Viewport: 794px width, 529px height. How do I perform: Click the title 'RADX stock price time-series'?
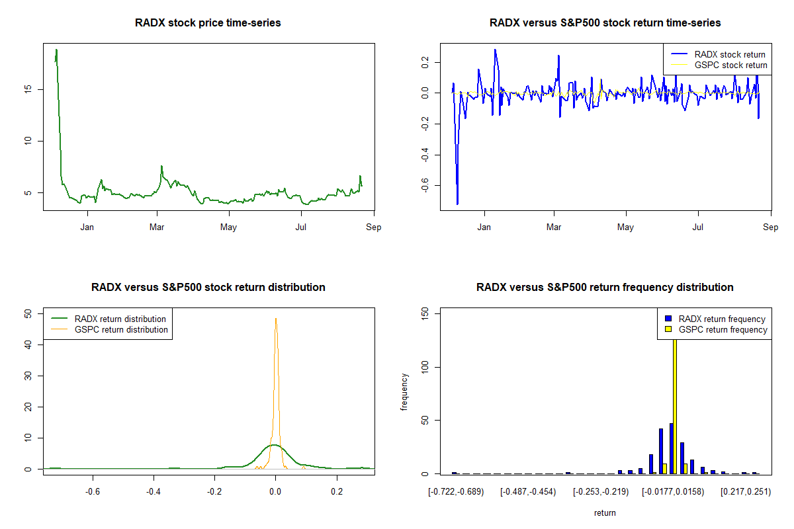point(208,23)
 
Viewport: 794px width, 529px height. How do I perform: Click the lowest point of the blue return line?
point(457,204)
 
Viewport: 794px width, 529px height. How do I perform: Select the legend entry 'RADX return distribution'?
point(120,319)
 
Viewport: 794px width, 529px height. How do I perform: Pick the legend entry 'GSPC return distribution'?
point(121,330)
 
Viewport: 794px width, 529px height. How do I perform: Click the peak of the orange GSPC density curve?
point(276,319)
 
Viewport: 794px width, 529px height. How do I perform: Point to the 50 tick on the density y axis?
point(27,314)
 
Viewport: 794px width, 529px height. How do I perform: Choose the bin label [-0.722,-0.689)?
point(456,493)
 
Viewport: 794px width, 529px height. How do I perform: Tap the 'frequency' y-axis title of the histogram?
point(404,392)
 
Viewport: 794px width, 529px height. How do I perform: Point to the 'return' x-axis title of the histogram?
point(605,513)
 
